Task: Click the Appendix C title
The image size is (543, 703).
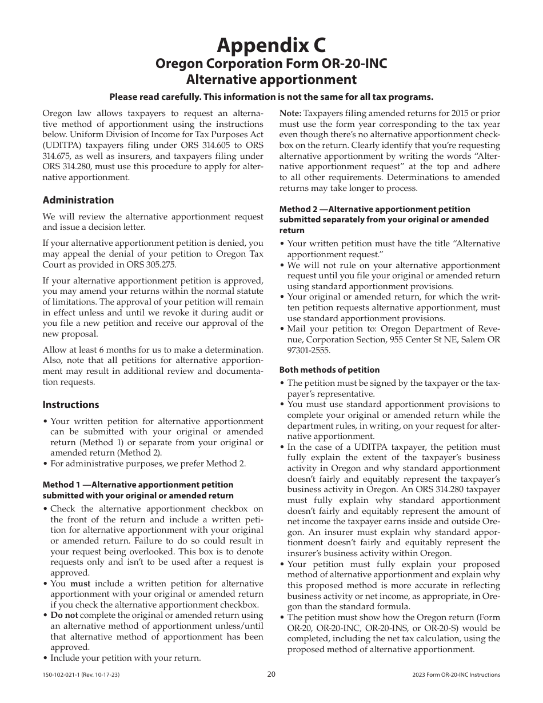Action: [x=271, y=44]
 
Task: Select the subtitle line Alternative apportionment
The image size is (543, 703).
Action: [x=271, y=79]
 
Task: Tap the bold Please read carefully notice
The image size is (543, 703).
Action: [x=271, y=97]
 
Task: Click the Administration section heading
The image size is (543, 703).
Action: [x=78, y=200]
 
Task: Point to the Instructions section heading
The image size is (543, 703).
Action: [x=71, y=405]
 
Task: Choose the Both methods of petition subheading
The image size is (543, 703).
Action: [x=329, y=370]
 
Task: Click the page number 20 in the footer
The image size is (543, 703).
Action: [x=271, y=674]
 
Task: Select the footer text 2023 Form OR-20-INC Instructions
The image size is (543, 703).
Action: [x=456, y=675]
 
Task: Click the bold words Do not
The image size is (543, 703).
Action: [x=64, y=616]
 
